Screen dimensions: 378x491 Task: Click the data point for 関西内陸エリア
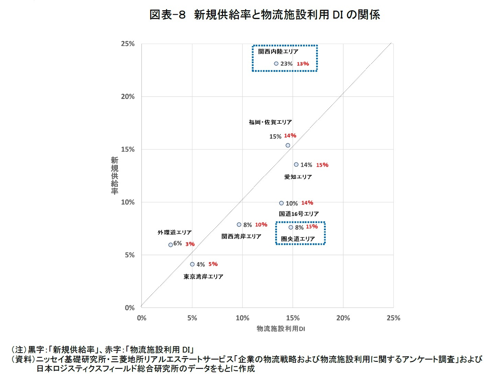click(276, 64)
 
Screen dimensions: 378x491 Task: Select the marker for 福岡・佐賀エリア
click(288, 145)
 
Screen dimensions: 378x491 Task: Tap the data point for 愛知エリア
click(296, 165)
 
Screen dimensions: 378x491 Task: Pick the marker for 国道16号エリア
click(281, 203)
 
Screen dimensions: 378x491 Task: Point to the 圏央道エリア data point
click(291, 227)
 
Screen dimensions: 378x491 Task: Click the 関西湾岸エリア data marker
click(239, 224)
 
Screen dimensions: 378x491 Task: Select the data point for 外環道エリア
click(170, 245)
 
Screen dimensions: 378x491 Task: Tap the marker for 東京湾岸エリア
click(192, 264)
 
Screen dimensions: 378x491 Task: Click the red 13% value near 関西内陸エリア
click(303, 64)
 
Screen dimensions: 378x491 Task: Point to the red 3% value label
click(190, 244)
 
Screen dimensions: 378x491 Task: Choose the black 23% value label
click(286, 64)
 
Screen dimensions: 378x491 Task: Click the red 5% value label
click(213, 264)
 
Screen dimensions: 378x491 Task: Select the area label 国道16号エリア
click(299, 214)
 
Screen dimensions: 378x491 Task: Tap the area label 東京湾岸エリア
click(203, 277)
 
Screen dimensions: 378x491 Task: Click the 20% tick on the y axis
click(127, 97)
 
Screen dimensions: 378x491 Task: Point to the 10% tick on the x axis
click(242, 318)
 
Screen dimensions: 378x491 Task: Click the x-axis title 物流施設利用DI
click(281, 329)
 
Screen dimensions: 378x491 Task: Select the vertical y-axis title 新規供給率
click(114, 176)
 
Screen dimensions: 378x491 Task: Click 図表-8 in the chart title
click(167, 15)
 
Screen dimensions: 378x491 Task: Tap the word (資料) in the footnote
click(23, 359)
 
